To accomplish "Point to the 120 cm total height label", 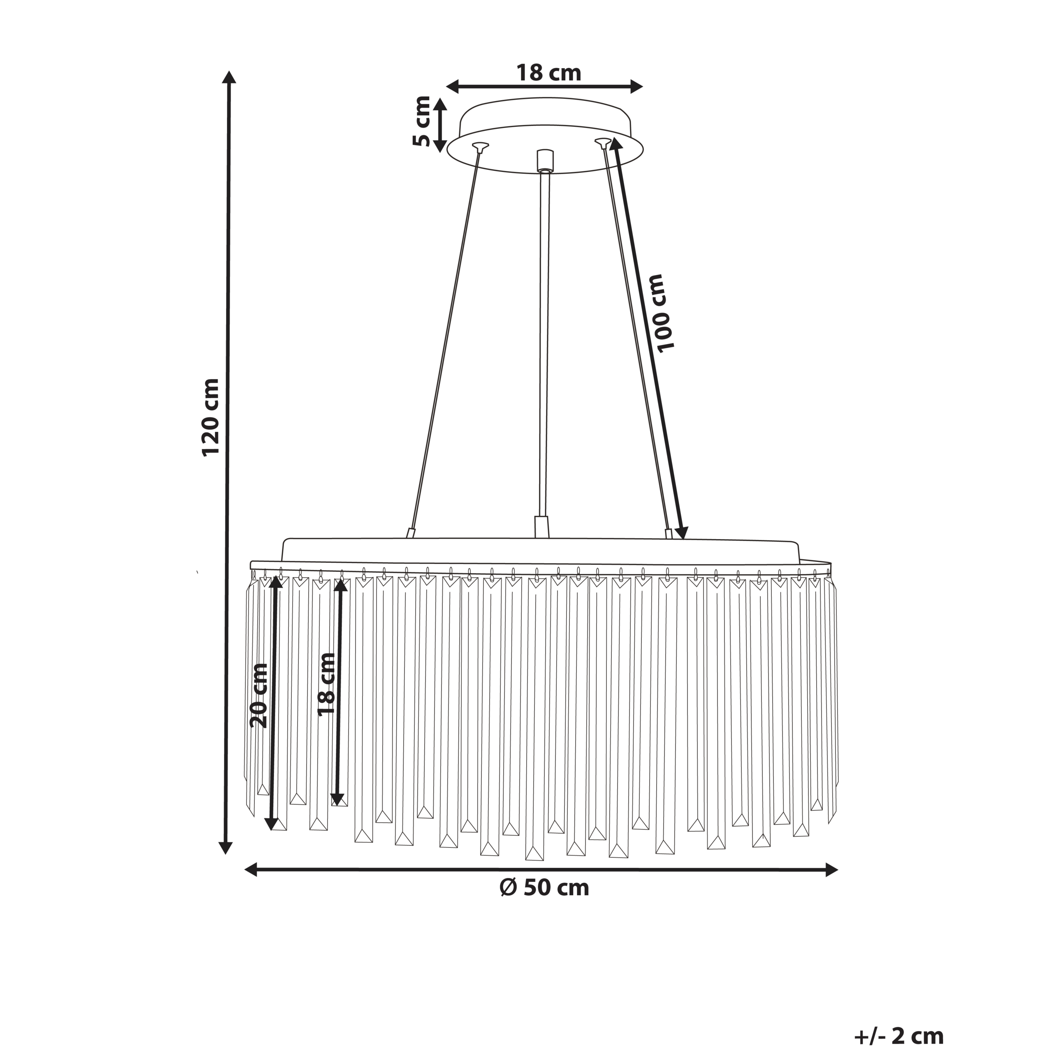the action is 211,417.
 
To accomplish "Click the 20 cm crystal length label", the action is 259,696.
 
